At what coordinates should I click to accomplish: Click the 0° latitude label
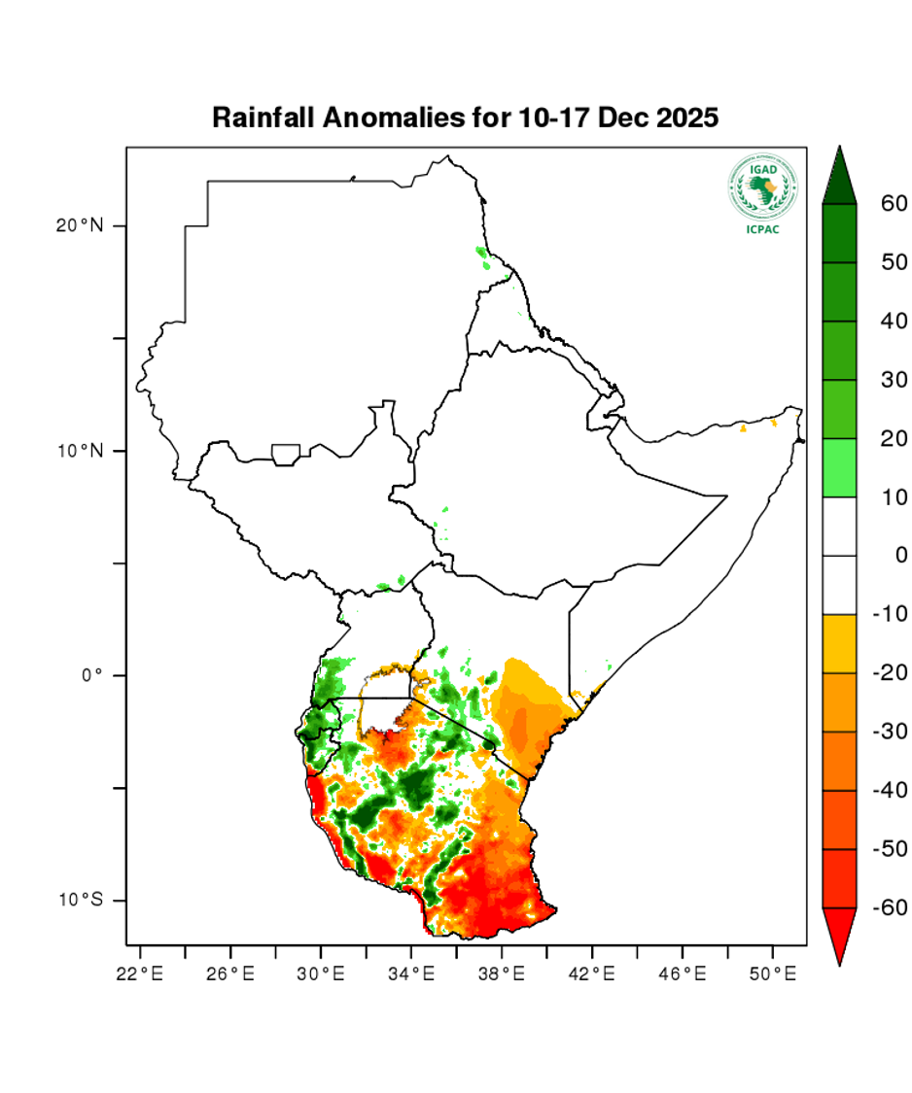pyautogui.click(x=90, y=675)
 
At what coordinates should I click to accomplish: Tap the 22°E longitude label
pyautogui.click(x=139, y=972)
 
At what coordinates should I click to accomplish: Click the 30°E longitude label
pyautogui.click(x=321, y=972)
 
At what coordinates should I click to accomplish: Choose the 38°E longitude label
pyautogui.click(x=502, y=972)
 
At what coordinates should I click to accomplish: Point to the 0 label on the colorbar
pyautogui.click(x=900, y=556)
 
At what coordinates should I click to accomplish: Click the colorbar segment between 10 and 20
pyautogui.click(x=839, y=467)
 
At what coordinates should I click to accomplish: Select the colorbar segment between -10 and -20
pyautogui.click(x=839, y=643)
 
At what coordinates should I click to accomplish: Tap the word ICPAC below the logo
pyautogui.click(x=762, y=229)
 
